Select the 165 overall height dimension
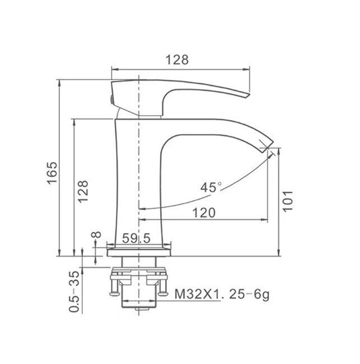(x=52, y=173)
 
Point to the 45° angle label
(x=212, y=187)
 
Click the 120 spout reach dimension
(x=204, y=212)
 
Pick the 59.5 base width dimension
(x=137, y=239)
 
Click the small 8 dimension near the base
(x=95, y=237)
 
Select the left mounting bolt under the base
(x=114, y=286)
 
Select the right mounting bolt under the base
(x=163, y=286)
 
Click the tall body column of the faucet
(x=137, y=179)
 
